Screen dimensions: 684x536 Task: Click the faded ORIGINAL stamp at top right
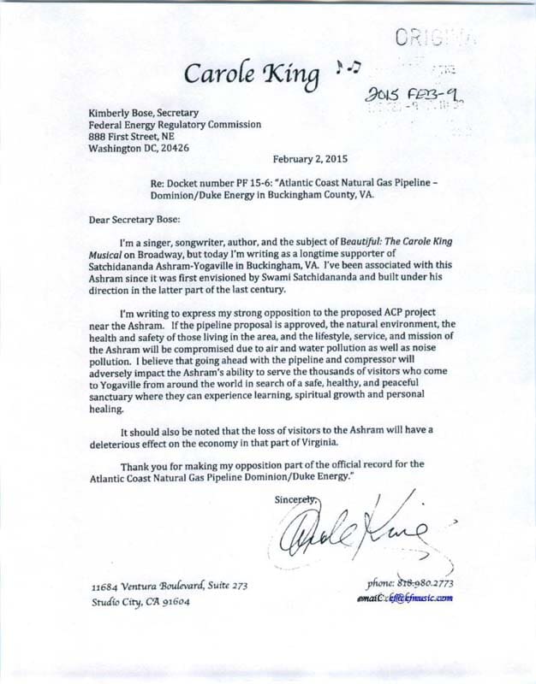coord(436,37)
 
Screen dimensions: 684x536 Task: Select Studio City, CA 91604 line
coord(140,601)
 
